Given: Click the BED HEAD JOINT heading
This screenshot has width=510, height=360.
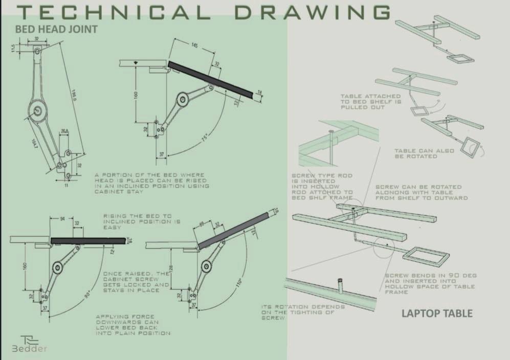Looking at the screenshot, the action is point(56,29).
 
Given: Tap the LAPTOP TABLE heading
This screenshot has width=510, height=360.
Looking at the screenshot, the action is point(436,313).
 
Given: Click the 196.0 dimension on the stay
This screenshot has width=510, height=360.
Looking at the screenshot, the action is point(74,96).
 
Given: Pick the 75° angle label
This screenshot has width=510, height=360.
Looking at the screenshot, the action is point(204,138).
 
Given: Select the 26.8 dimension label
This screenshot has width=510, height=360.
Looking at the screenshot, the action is point(64,131).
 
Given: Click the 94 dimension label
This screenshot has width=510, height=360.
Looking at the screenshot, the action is point(62,219).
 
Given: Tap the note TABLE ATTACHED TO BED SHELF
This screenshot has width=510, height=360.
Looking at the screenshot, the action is point(371,102).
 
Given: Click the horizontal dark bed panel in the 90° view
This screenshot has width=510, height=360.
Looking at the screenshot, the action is point(88,240).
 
